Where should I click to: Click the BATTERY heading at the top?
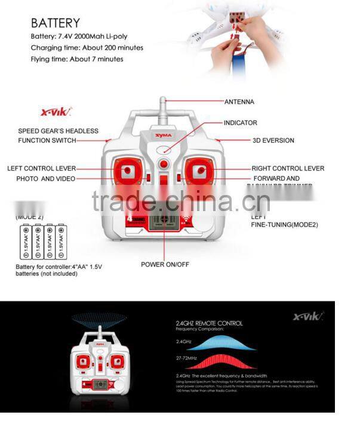tap(55, 23)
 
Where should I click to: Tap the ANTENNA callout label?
tap(239, 102)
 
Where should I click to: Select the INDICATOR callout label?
tap(240, 123)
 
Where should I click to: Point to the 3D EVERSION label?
tap(273, 141)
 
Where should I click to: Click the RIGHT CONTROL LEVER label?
tap(288, 169)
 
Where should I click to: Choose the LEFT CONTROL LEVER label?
tap(41, 169)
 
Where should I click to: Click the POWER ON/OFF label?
tap(165, 264)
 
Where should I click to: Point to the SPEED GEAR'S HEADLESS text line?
tap(58, 131)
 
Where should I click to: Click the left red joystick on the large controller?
tap(125, 172)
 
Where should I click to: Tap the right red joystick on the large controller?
tap(198, 172)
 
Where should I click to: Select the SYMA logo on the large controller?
tap(163, 135)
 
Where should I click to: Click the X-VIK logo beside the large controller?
tap(56, 112)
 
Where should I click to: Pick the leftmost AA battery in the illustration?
tap(26, 241)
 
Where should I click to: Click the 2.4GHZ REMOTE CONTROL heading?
tap(209, 323)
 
